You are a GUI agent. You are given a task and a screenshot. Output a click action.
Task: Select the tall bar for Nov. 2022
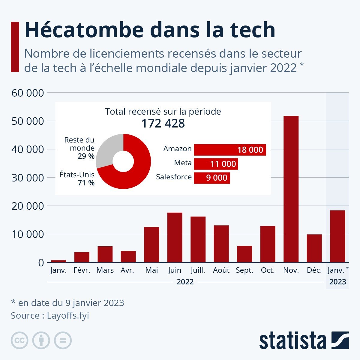coord(291,189)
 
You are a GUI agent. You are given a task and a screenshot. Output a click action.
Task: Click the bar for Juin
coord(175,237)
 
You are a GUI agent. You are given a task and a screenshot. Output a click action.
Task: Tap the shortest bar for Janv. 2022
coord(58,261)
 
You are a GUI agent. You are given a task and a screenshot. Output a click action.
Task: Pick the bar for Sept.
coord(244,254)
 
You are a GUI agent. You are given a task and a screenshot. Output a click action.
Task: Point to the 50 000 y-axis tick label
coord(28,121)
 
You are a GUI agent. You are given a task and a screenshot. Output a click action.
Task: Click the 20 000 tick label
coord(28,206)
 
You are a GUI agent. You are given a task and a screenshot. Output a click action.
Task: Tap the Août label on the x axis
coord(221,270)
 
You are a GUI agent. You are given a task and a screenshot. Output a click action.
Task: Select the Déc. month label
coord(314,270)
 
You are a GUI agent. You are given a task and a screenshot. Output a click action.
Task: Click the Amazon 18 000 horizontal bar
coord(230,150)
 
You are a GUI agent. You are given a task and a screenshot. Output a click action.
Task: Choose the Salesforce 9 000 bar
coord(212,178)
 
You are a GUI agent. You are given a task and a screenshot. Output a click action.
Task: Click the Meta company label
coord(183,163)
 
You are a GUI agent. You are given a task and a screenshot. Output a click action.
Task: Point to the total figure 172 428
coord(163,123)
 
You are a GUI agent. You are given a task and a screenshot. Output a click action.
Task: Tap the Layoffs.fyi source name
coord(68,316)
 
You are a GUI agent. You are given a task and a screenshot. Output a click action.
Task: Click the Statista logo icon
coord(340,340)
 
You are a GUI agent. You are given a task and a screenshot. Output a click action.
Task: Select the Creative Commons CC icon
coord(19,340)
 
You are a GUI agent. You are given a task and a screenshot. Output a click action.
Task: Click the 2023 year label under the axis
coord(337,282)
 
